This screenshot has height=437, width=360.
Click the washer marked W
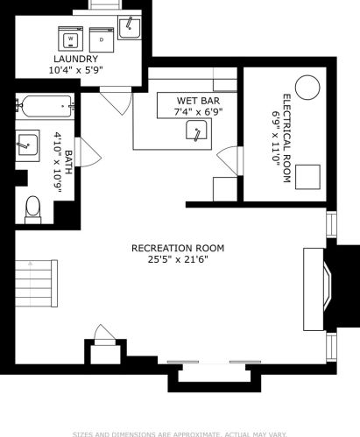[x=71, y=39]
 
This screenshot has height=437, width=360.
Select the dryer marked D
[x=102, y=40]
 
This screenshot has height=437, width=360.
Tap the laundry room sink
[x=130, y=27]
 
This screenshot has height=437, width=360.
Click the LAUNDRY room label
[x=75, y=59]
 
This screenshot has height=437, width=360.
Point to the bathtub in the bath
[x=46, y=106]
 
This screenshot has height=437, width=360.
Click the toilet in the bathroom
[x=33, y=209]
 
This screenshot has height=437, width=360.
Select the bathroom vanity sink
[x=27, y=144]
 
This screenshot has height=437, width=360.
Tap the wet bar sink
[x=196, y=130]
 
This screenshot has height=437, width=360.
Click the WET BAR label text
[x=198, y=101]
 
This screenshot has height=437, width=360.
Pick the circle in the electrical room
[x=307, y=88]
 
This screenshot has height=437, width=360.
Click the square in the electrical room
[x=307, y=177]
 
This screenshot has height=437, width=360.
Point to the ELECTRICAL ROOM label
[x=286, y=138]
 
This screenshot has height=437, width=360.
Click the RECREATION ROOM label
[x=178, y=248]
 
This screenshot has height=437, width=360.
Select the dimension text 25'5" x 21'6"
[x=178, y=259]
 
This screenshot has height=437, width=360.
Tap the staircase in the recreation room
[x=36, y=283]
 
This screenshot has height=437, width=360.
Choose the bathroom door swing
[x=88, y=152]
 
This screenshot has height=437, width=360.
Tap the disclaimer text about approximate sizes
[x=180, y=434]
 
